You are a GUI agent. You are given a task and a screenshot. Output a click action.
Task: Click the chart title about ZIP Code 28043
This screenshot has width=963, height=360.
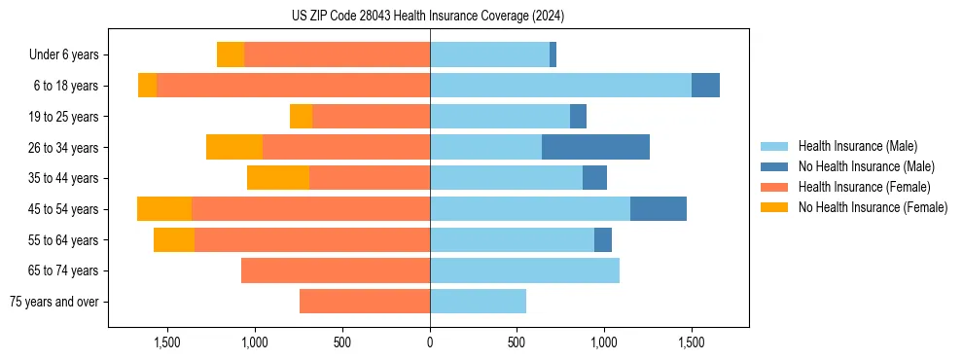click(428, 17)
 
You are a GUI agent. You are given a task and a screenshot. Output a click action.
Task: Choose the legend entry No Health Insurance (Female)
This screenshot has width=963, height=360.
click(873, 207)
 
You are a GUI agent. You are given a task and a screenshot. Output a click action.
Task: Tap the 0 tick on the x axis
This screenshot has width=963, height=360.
click(430, 342)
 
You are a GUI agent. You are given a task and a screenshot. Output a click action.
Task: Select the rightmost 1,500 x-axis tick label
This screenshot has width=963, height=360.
click(692, 342)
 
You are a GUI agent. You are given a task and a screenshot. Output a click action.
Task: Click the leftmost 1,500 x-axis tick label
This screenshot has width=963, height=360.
click(167, 342)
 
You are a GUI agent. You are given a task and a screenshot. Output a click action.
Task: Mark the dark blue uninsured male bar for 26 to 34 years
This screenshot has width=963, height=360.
click(595, 147)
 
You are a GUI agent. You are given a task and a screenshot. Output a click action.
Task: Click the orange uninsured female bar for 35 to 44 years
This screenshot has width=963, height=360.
click(278, 178)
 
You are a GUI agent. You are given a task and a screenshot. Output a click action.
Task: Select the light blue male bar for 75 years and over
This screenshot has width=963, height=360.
click(478, 302)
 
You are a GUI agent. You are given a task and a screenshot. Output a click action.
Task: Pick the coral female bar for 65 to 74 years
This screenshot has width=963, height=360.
click(336, 270)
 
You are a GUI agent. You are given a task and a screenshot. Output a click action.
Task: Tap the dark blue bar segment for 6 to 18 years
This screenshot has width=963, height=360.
click(705, 86)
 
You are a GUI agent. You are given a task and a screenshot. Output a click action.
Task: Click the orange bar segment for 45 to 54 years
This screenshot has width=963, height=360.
click(164, 209)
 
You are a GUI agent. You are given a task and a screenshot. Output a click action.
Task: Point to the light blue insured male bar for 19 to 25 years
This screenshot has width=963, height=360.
click(500, 117)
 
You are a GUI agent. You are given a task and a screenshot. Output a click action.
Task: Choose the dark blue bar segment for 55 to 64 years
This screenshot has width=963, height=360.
click(603, 239)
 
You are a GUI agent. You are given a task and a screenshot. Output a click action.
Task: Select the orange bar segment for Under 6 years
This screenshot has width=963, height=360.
click(231, 54)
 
